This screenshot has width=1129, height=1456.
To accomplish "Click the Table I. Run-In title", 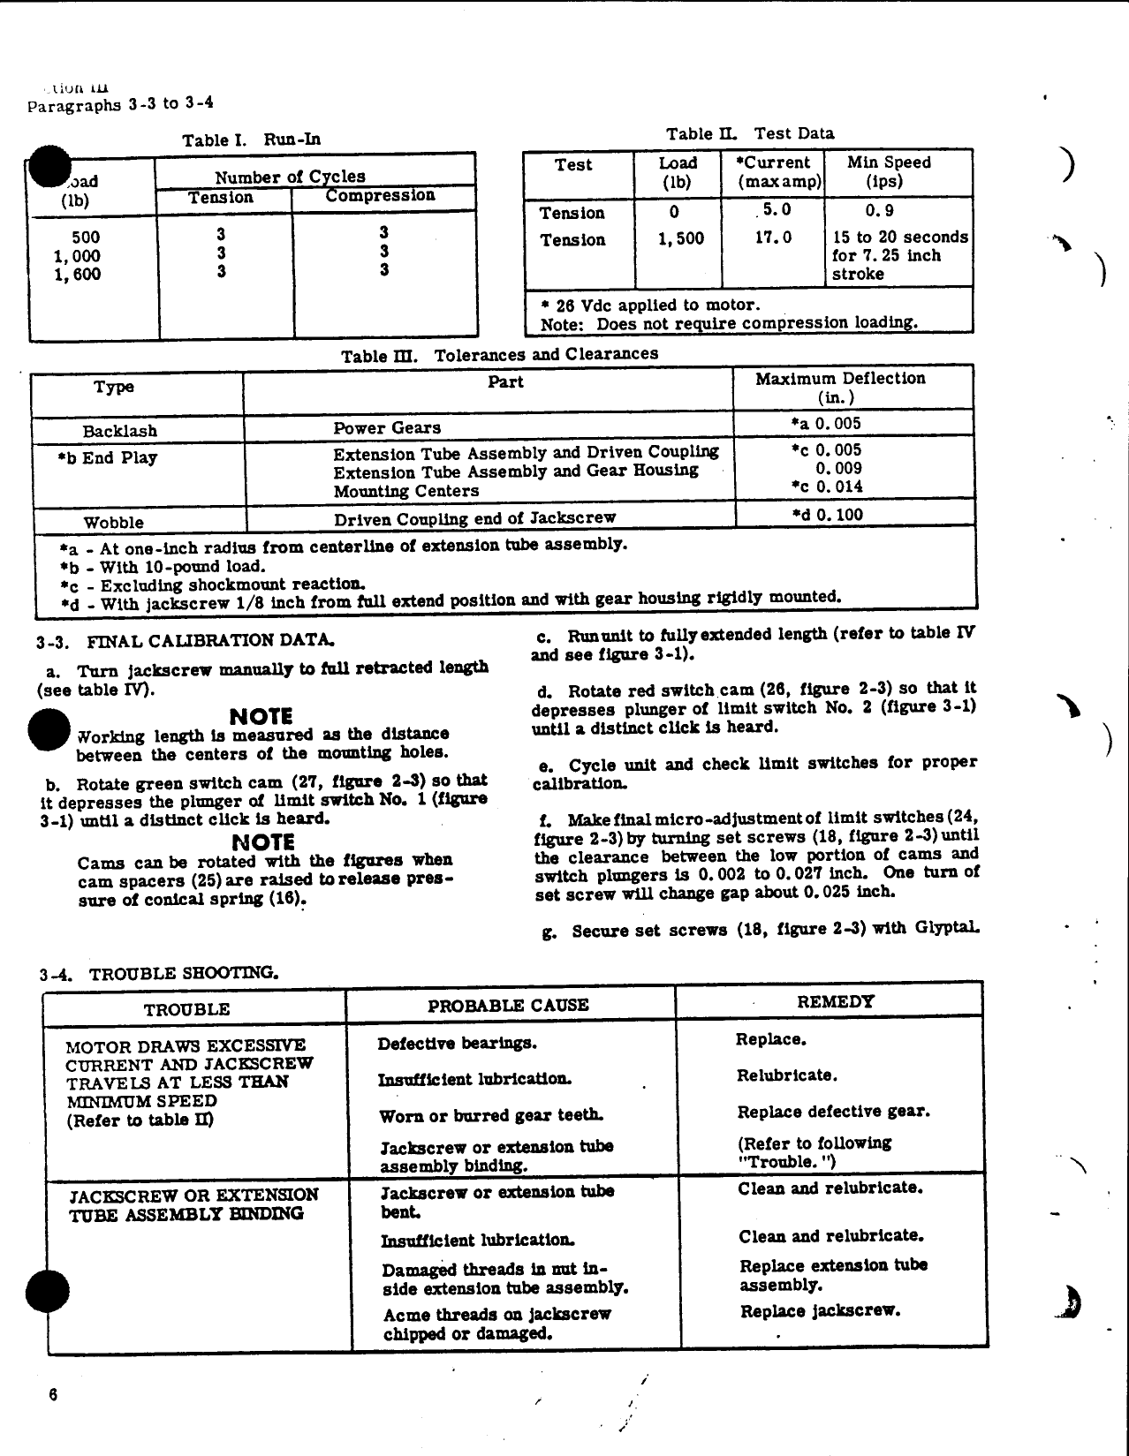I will point(251,140).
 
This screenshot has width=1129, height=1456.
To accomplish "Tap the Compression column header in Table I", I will point(380,196).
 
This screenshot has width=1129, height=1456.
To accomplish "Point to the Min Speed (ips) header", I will point(889,172).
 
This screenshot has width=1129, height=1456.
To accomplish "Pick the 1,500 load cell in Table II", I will point(681,238).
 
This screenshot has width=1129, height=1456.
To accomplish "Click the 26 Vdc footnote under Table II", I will point(649,305).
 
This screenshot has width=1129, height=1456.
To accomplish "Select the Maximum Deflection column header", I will point(840,387).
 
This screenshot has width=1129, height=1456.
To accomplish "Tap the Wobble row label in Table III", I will point(113,522).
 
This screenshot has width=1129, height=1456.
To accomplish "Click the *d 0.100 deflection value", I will point(827,515).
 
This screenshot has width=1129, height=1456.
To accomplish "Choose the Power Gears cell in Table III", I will point(386,428).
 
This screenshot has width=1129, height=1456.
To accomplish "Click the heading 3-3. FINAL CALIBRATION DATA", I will point(186,640).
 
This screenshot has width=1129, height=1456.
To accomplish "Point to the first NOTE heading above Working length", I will point(261,715).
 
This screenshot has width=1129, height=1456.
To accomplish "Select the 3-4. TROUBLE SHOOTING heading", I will point(159,974).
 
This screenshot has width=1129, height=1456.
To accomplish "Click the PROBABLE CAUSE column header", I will point(508,1006).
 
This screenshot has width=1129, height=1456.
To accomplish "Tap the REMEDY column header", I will point(835,1001).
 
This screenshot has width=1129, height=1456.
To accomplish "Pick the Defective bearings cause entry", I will point(457,1044).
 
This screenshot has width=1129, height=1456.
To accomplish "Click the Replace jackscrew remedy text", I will point(820,1310).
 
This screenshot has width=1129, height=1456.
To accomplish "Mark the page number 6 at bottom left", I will point(53,1395).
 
